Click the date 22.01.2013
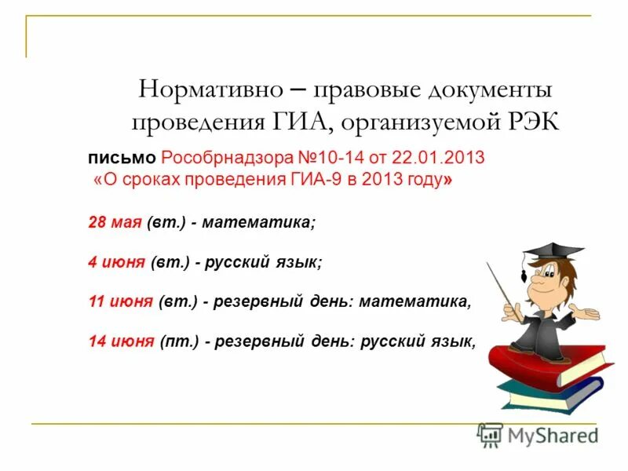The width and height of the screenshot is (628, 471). coord(447,159)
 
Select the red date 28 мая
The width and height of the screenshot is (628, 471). coord(114,223)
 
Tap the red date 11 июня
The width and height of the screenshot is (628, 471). coord(119,301)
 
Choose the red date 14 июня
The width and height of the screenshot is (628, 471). coord(119,341)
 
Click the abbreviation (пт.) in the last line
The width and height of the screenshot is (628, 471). coord(177,341)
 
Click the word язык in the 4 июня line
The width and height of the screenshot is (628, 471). coord(296,263)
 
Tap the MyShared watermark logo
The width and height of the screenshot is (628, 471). coord(538,435)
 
